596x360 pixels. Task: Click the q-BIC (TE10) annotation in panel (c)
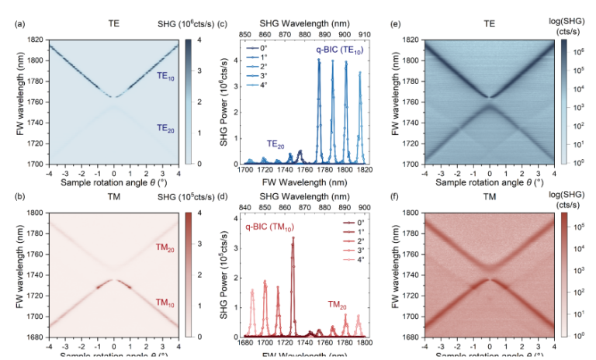(340, 50)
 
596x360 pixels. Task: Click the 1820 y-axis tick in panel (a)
(33, 39)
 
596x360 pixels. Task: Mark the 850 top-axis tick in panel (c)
(246, 35)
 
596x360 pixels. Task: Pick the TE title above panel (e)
(489, 25)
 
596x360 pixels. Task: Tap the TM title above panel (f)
(489, 199)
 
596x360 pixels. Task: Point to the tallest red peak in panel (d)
(293, 239)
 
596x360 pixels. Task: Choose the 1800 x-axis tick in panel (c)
(345, 169)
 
